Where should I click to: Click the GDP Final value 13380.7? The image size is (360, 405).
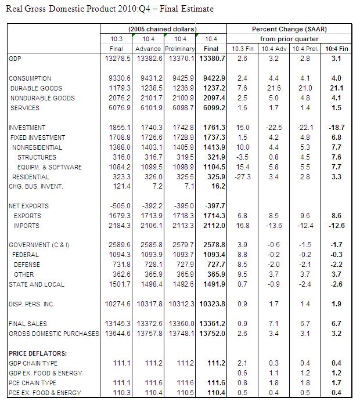coord(213,59)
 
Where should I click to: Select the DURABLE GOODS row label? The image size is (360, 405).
coord(36,88)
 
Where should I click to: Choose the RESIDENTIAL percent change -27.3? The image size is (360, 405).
coord(243,176)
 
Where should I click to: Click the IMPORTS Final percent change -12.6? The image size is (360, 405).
coord(335,226)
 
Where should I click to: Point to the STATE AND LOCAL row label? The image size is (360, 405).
coord(37,284)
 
